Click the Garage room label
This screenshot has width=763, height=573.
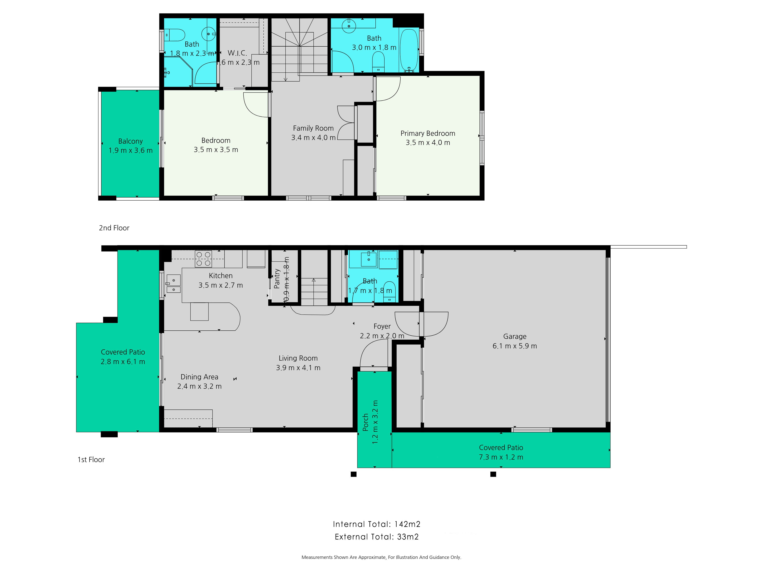[515, 336]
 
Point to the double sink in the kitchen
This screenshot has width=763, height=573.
[174, 284]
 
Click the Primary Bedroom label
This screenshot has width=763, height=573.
[428, 133]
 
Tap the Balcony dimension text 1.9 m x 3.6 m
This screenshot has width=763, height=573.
[130, 151]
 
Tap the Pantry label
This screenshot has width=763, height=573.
[277, 279]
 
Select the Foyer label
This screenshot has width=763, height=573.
[382, 326]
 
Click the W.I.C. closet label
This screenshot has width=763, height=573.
[237, 53]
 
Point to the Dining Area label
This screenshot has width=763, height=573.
[199, 377]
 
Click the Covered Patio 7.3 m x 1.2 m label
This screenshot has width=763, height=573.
[501, 452]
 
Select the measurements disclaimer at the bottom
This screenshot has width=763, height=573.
[381, 557]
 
